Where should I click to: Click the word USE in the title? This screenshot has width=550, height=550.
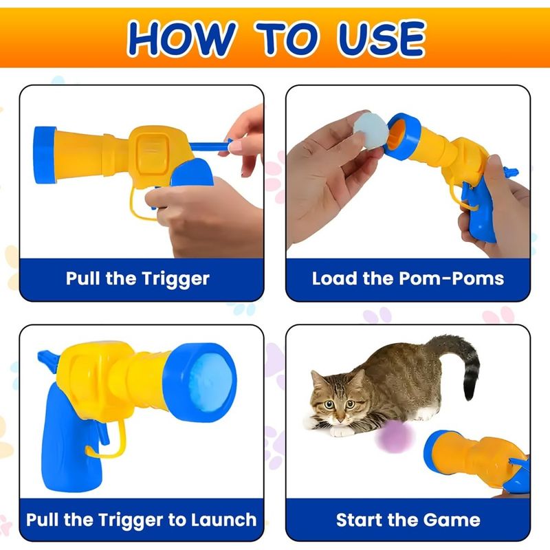click(381, 38)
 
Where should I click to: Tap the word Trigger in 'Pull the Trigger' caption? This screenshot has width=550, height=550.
click(175, 279)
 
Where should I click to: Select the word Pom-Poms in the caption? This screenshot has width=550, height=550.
click(452, 278)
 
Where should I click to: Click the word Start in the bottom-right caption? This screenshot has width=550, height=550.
click(357, 520)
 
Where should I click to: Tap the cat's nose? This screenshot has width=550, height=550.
click(340, 419)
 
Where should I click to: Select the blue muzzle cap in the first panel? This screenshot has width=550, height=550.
click(45, 155)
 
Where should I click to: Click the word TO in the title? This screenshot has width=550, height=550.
click(286, 38)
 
